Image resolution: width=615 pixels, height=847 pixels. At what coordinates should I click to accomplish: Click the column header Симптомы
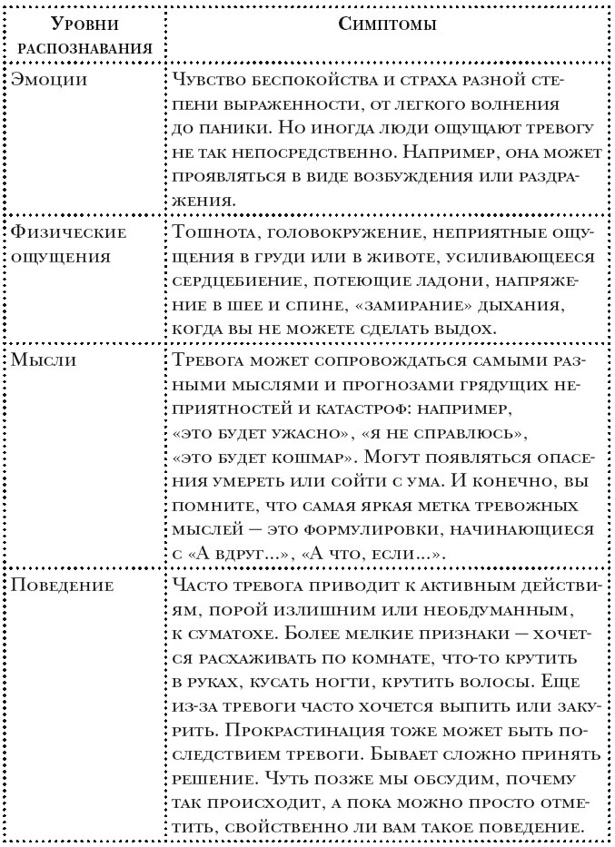tap(389, 25)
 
